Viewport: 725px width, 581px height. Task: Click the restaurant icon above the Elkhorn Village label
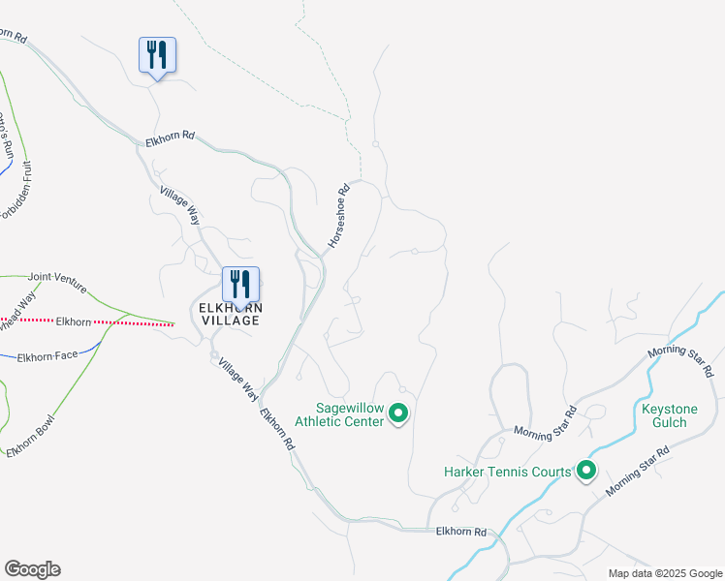pyautogui.click(x=240, y=285)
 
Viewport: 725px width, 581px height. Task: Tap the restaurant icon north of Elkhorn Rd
pyautogui.click(x=157, y=55)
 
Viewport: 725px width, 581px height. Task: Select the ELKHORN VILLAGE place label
pyautogui.click(x=229, y=314)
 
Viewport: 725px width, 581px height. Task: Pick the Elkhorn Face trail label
pyautogui.click(x=47, y=355)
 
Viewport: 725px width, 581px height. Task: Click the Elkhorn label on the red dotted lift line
pyautogui.click(x=74, y=321)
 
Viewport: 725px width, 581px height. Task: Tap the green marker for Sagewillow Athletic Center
pyautogui.click(x=397, y=415)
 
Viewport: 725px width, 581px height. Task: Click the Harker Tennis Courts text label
pyautogui.click(x=507, y=472)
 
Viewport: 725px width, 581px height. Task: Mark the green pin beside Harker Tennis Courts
pyautogui.click(x=585, y=472)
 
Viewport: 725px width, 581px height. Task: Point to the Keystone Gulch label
pyautogui.click(x=670, y=415)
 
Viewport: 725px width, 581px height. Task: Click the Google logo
pyautogui.click(x=32, y=569)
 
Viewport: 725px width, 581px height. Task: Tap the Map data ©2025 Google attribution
pyautogui.click(x=665, y=573)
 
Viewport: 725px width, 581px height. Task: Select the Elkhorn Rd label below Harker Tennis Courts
pyautogui.click(x=460, y=532)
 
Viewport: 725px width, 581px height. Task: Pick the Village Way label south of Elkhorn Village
pyautogui.click(x=237, y=380)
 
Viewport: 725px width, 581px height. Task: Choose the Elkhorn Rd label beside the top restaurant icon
pyautogui.click(x=171, y=139)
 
